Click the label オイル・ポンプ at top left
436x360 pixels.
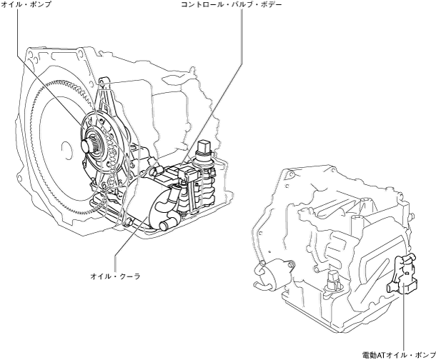[26, 5]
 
